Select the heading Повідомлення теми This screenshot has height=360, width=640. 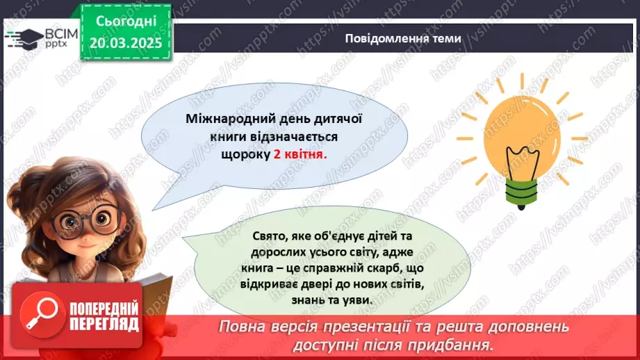coord(402,38)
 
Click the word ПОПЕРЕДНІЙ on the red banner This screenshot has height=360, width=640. coord(105,307)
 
